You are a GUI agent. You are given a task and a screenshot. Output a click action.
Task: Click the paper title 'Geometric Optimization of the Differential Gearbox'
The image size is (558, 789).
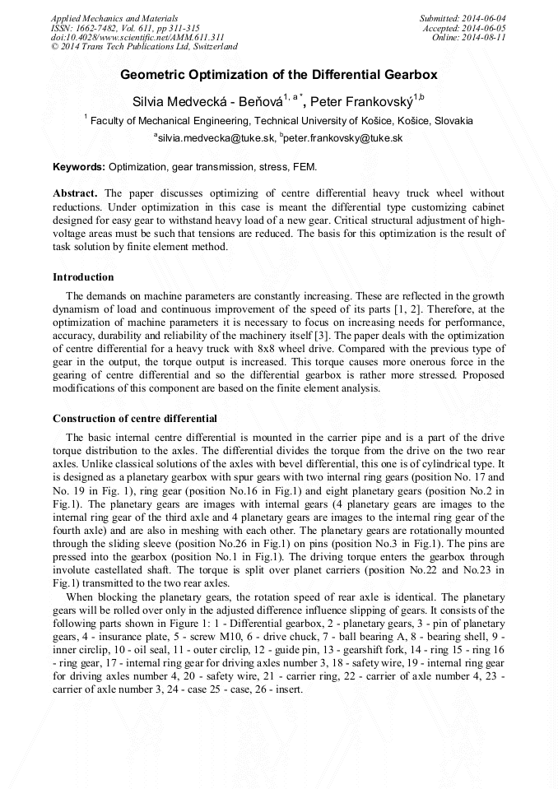(279, 75)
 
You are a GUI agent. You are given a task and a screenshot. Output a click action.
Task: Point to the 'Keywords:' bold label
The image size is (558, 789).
(79, 167)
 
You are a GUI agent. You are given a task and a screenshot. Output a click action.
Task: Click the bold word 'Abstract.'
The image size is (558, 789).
(76, 193)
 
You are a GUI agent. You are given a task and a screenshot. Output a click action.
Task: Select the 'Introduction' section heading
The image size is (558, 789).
(83, 277)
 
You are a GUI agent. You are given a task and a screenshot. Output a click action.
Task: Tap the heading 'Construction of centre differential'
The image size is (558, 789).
(135, 419)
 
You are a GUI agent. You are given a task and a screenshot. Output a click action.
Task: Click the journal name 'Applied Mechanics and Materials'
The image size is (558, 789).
(114, 18)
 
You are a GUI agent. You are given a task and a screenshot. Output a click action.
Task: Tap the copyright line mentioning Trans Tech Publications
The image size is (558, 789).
(144, 48)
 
